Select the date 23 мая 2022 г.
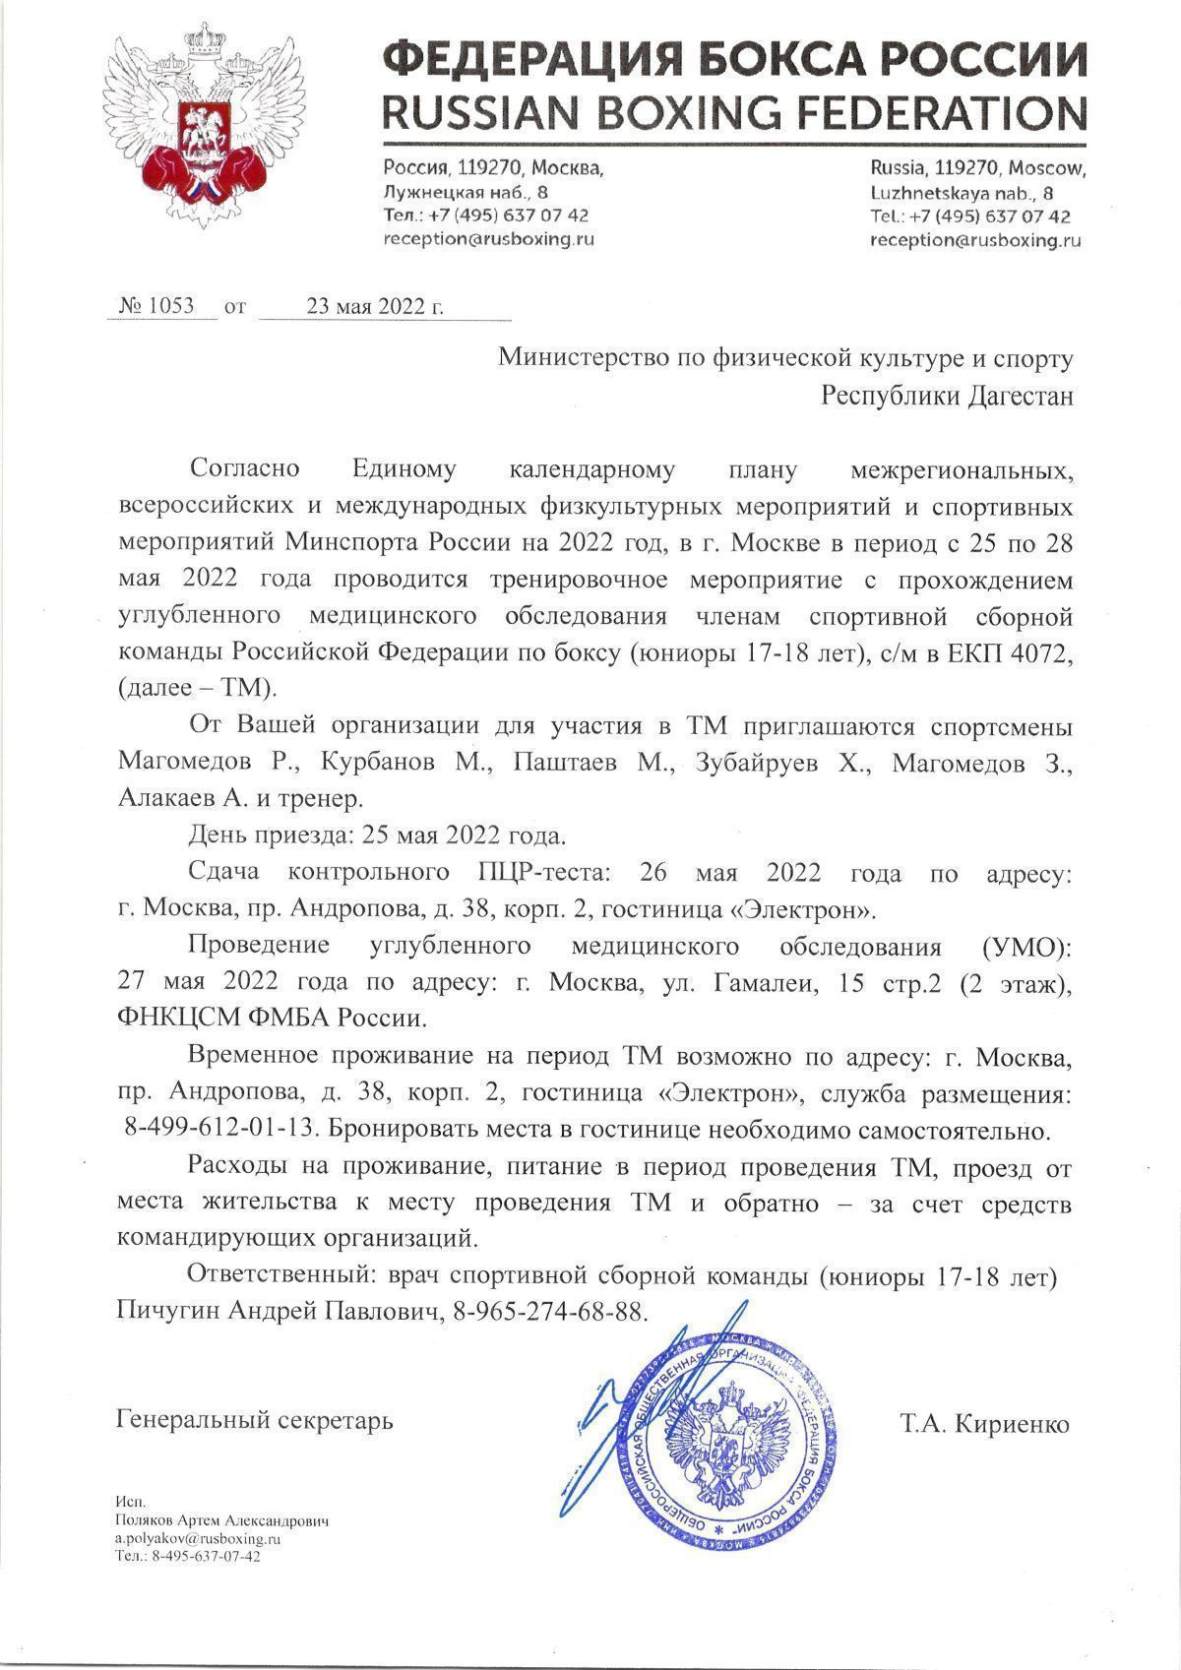tap(375, 305)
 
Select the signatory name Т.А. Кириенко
tap(983, 1424)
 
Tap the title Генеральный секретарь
tap(255, 1420)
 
